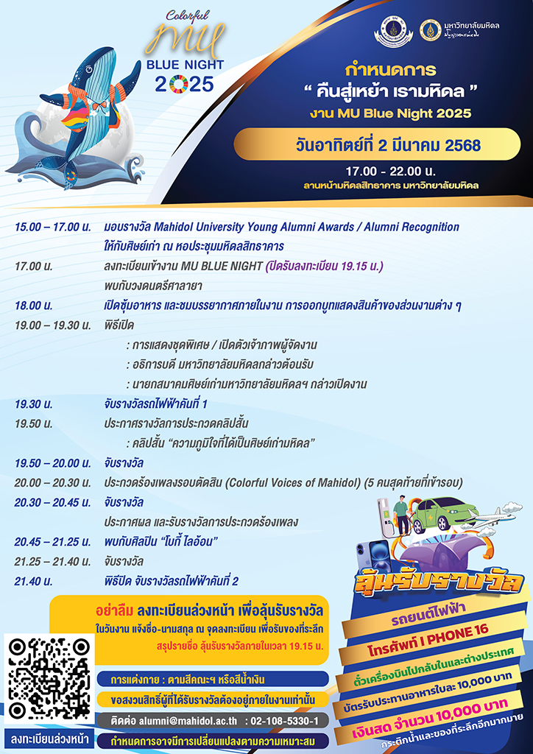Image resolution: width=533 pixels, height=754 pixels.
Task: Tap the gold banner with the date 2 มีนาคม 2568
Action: click(x=377, y=144)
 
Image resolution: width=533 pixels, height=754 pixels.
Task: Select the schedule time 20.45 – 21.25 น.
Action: click(x=52, y=542)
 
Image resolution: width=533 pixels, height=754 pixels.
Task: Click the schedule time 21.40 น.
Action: click(x=33, y=582)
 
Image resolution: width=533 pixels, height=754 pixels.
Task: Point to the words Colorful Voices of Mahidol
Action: click(x=293, y=483)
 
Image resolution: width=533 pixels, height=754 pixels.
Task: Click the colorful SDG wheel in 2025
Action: click(x=178, y=85)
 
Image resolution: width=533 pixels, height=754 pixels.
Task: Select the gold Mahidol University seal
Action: click(x=430, y=30)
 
